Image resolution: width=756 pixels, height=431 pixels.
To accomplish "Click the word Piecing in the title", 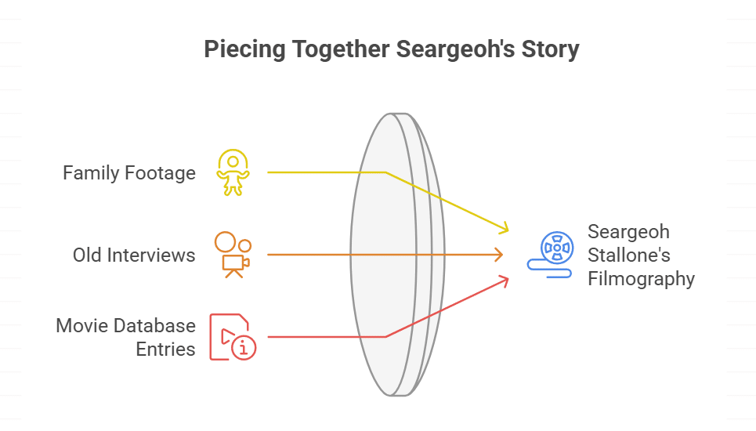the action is pos(245,49).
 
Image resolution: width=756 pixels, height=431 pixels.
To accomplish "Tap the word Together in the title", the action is pos(341,49).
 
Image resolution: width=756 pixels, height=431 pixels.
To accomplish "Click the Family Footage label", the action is pos(129,172).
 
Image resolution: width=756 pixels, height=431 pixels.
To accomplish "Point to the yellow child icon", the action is pos(233,172).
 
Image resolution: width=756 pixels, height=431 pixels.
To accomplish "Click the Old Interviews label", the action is pos(134,255).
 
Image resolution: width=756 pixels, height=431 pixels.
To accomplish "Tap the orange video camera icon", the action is pos(233,255).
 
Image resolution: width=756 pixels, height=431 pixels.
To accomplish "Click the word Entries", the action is pos(165,349).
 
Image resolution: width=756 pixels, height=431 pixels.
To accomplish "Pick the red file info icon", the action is pos(233,337).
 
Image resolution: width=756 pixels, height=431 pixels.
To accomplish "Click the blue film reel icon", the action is pos(551,255).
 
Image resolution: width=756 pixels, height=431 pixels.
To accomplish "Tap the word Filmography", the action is pos(642,279).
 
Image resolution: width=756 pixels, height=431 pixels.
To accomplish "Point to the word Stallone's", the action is pos(629,255).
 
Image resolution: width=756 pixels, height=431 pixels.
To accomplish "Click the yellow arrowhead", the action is pos(504,227).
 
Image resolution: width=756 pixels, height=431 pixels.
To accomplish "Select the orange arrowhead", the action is pos(498,255).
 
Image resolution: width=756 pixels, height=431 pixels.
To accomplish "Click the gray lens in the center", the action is pos(397,255).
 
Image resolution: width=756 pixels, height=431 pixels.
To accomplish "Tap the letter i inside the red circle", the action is pos(244,348).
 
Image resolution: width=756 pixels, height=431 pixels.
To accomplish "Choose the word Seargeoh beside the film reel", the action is pos(629,232).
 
